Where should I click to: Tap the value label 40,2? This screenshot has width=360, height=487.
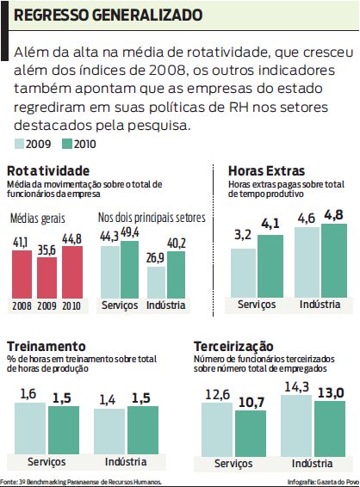click(x=177, y=243)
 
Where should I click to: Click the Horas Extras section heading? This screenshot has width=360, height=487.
click(x=266, y=170)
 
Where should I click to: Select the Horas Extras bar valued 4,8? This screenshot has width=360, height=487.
click(x=333, y=259)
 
